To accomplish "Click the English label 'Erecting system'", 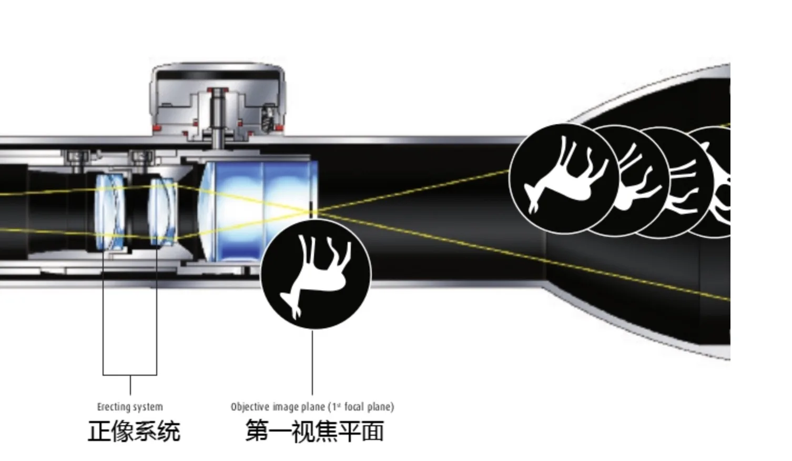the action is point(130,407).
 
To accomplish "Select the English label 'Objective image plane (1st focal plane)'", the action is point(312,407).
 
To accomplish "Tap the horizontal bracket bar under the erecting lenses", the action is point(130,375).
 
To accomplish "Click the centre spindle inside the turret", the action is point(217,116).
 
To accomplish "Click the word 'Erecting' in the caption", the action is point(114,407).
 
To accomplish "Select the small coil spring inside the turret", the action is point(268,119).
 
